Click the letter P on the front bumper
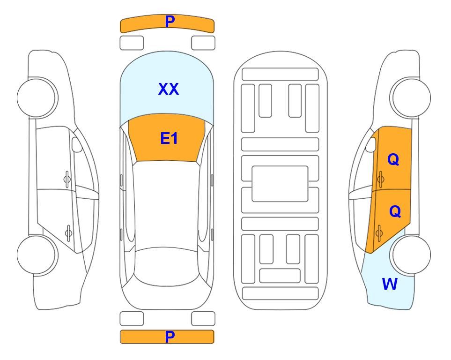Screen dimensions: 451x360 (170, 22)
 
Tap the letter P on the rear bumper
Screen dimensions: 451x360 (170, 337)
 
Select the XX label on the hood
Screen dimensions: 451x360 (169, 89)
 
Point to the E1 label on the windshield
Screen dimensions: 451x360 (169, 138)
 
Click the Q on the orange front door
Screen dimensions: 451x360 (393, 159)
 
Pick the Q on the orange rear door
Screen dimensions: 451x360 (395, 212)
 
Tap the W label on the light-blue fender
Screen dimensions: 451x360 (390, 284)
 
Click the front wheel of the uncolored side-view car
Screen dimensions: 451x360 (37, 97)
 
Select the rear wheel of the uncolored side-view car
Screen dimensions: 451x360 (37, 255)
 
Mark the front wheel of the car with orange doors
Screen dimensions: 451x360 (410, 97)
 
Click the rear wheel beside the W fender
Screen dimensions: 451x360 (410, 255)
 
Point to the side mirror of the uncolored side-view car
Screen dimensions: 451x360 (77, 145)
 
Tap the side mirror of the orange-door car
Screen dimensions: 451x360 (371, 145)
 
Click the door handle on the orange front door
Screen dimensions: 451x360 (381, 179)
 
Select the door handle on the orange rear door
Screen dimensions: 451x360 (379, 232)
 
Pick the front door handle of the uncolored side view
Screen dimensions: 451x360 (67, 179)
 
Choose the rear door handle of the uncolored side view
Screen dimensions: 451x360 (69, 232)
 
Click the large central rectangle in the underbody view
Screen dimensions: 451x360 (280, 184)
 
